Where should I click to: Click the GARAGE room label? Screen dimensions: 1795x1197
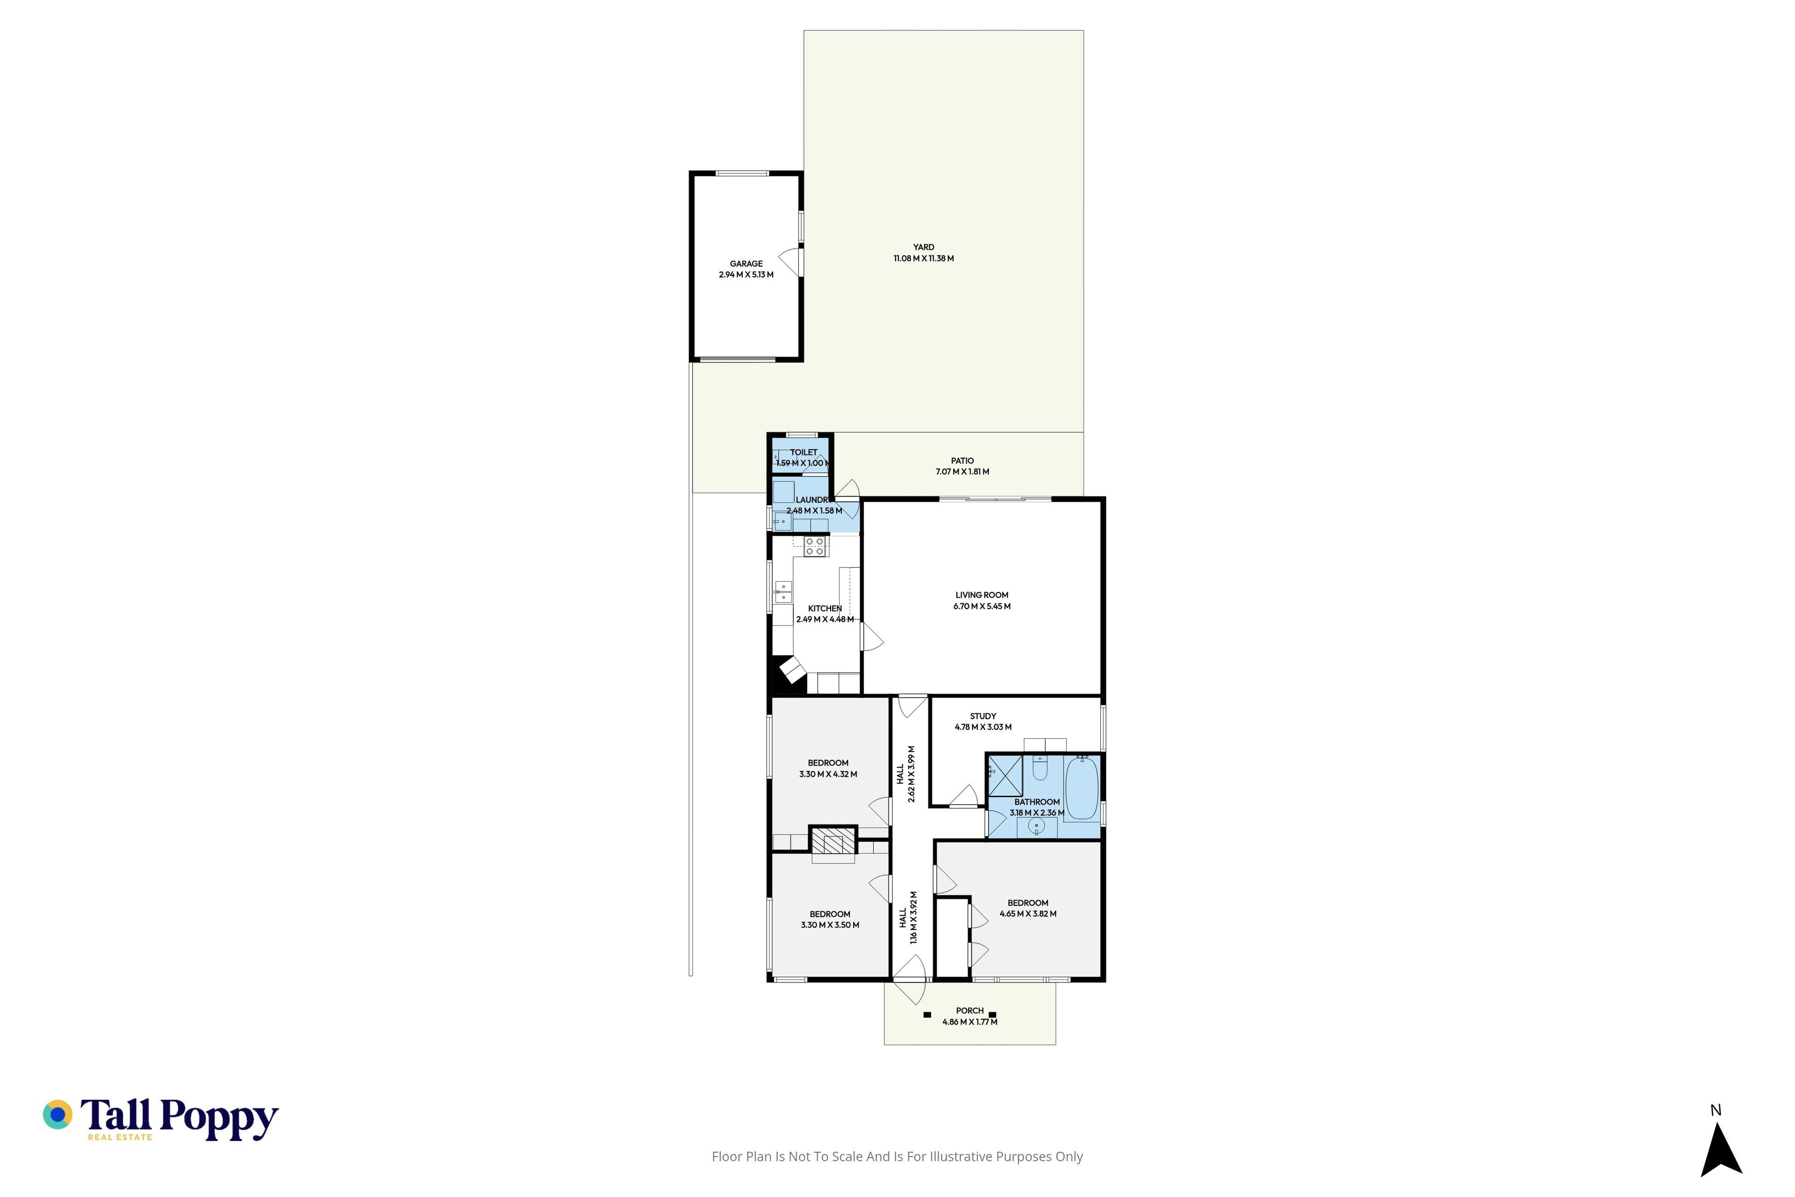pyautogui.click(x=746, y=263)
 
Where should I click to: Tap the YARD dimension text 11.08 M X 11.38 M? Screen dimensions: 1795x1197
pyautogui.click(x=924, y=258)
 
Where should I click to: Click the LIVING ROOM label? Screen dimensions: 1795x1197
pyautogui.click(x=982, y=595)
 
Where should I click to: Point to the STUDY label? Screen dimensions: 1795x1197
pyautogui.click(x=983, y=716)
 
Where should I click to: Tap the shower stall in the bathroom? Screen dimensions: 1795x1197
pyautogui.click(x=1005, y=776)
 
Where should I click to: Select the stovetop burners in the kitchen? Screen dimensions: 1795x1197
pyautogui.click(x=815, y=546)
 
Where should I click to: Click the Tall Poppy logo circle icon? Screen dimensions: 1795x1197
pyautogui.click(x=57, y=1115)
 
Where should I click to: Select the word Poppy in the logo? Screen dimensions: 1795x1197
pyautogui.click(x=219, y=1118)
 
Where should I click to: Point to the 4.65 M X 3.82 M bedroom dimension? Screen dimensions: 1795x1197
pyautogui.click(x=1028, y=914)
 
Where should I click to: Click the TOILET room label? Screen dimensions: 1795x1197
pyautogui.click(x=804, y=452)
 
